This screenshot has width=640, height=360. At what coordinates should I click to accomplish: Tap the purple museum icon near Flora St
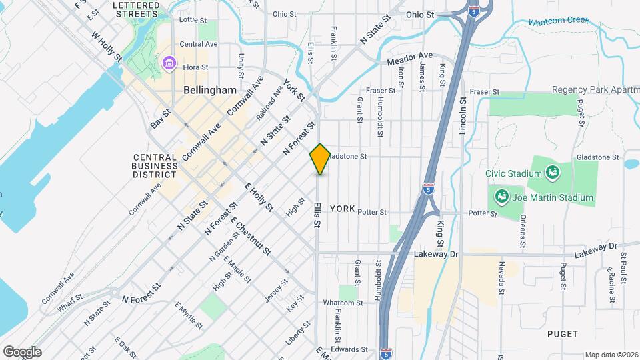(x=169, y=64)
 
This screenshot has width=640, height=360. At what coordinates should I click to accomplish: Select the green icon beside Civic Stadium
(x=552, y=173)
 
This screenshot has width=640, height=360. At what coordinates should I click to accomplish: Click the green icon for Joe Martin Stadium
(x=501, y=197)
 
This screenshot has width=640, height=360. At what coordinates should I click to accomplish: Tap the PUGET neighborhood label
(x=562, y=333)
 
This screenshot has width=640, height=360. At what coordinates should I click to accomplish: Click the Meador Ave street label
(x=410, y=59)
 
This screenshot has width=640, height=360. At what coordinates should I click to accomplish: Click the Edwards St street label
(x=350, y=349)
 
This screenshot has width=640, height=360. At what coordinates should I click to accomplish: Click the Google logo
(x=22, y=351)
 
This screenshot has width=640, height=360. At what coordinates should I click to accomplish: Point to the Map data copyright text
(x=611, y=355)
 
